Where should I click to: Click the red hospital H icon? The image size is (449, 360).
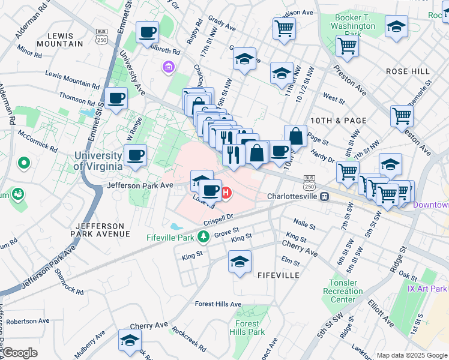(x=226, y=193)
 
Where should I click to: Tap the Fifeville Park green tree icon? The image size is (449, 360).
(x=203, y=237)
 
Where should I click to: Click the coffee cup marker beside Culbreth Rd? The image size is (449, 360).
(x=147, y=32)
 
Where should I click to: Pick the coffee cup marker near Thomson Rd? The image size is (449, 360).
(x=116, y=98)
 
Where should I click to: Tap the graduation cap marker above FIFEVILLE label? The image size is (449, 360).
(x=240, y=262)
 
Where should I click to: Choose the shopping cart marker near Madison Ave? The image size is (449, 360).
(x=284, y=28)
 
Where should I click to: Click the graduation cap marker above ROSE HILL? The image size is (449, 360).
(x=396, y=26)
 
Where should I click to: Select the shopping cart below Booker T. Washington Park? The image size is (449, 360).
(x=347, y=45)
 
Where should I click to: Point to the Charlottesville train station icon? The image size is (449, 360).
(x=324, y=196)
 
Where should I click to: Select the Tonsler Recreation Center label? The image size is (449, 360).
(x=343, y=291)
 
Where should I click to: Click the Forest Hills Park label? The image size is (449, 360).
(x=247, y=328)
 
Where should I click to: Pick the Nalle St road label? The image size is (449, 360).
(x=304, y=223)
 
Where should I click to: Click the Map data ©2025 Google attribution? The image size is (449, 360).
(x=411, y=355)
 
